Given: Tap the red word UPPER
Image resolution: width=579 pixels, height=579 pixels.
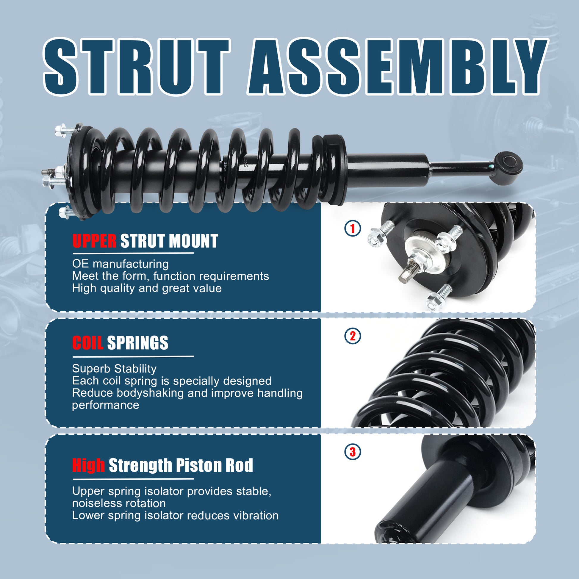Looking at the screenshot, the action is (x=94, y=241).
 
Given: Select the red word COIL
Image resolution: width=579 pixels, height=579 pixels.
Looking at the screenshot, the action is (x=87, y=342).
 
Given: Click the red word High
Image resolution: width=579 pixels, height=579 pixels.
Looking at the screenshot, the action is (x=88, y=465).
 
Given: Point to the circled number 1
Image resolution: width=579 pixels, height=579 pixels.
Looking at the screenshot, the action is (x=353, y=229).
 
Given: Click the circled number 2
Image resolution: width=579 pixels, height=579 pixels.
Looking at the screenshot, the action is (x=353, y=336).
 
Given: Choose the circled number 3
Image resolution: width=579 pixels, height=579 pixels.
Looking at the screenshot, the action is (x=353, y=452).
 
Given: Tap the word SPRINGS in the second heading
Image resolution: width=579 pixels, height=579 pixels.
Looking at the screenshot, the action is (x=137, y=342).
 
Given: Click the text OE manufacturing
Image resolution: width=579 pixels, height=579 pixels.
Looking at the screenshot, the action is (x=121, y=264).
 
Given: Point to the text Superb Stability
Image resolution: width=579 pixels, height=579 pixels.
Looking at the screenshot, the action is (x=114, y=369).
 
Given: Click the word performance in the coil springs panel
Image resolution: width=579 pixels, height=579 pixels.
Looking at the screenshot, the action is (x=106, y=405).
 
